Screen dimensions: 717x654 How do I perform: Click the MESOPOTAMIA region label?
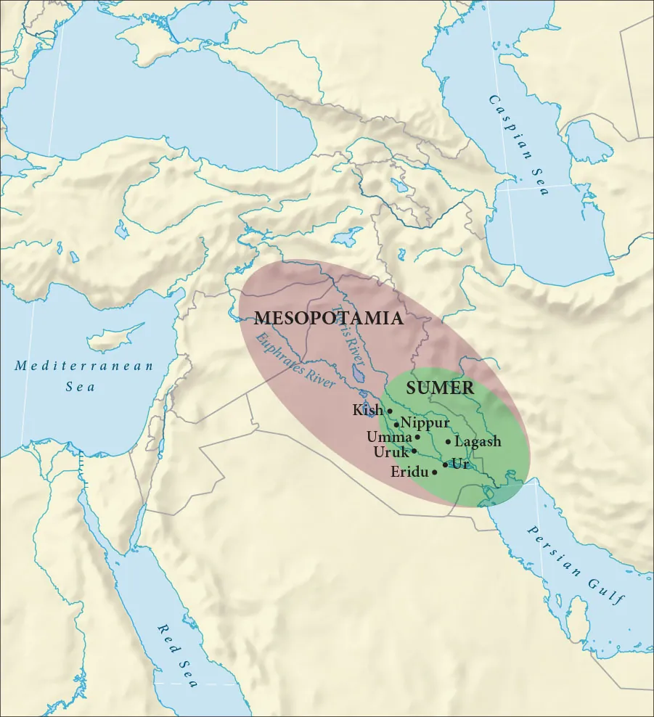tap(329, 319)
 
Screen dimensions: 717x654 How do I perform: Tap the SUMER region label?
tap(440, 388)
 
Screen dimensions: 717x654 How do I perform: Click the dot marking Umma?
tap(417, 438)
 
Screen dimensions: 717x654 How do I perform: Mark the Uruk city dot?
tap(414, 451)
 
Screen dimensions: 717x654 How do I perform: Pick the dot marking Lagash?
tap(448, 441)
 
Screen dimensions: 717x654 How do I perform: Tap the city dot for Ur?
tap(445, 464)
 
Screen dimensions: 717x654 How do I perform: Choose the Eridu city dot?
tap(434, 472)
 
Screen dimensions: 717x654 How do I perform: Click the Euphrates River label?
tap(294, 361)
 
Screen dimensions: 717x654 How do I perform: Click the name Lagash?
tap(478, 441)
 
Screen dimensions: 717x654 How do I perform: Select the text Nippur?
tap(425, 423)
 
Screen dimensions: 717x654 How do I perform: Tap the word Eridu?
tap(409, 472)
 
